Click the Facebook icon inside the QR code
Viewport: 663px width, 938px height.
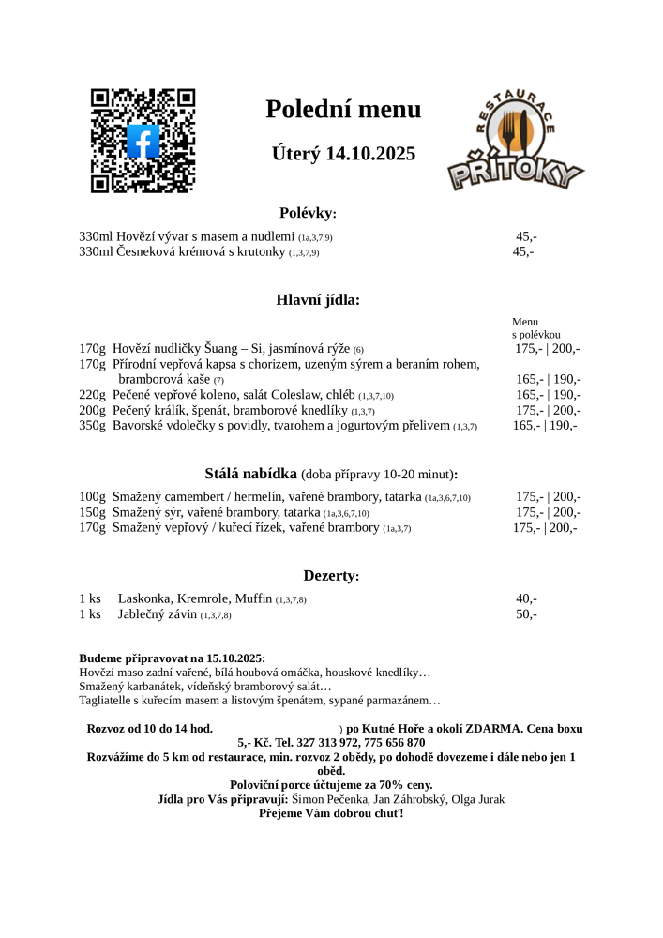tap(143, 142)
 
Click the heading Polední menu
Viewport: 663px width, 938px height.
tap(343, 110)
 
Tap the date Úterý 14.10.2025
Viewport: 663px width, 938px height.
tap(343, 154)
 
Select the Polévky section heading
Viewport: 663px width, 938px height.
tap(308, 213)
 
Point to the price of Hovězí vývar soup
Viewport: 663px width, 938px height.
tap(525, 237)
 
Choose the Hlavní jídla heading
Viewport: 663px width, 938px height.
tap(317, 300)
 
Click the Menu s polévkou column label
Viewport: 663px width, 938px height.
tap(535, 327)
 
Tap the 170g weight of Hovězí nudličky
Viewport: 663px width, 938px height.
tap(92, 349)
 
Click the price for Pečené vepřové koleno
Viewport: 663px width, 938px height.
tap(548, 395)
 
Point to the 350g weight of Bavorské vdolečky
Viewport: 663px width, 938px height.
tap(92, 426)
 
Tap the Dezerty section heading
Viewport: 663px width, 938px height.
tap(331, 575)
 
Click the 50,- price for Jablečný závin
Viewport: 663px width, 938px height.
tap(526, 614)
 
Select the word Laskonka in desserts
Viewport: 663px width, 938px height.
tap(145, 598)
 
